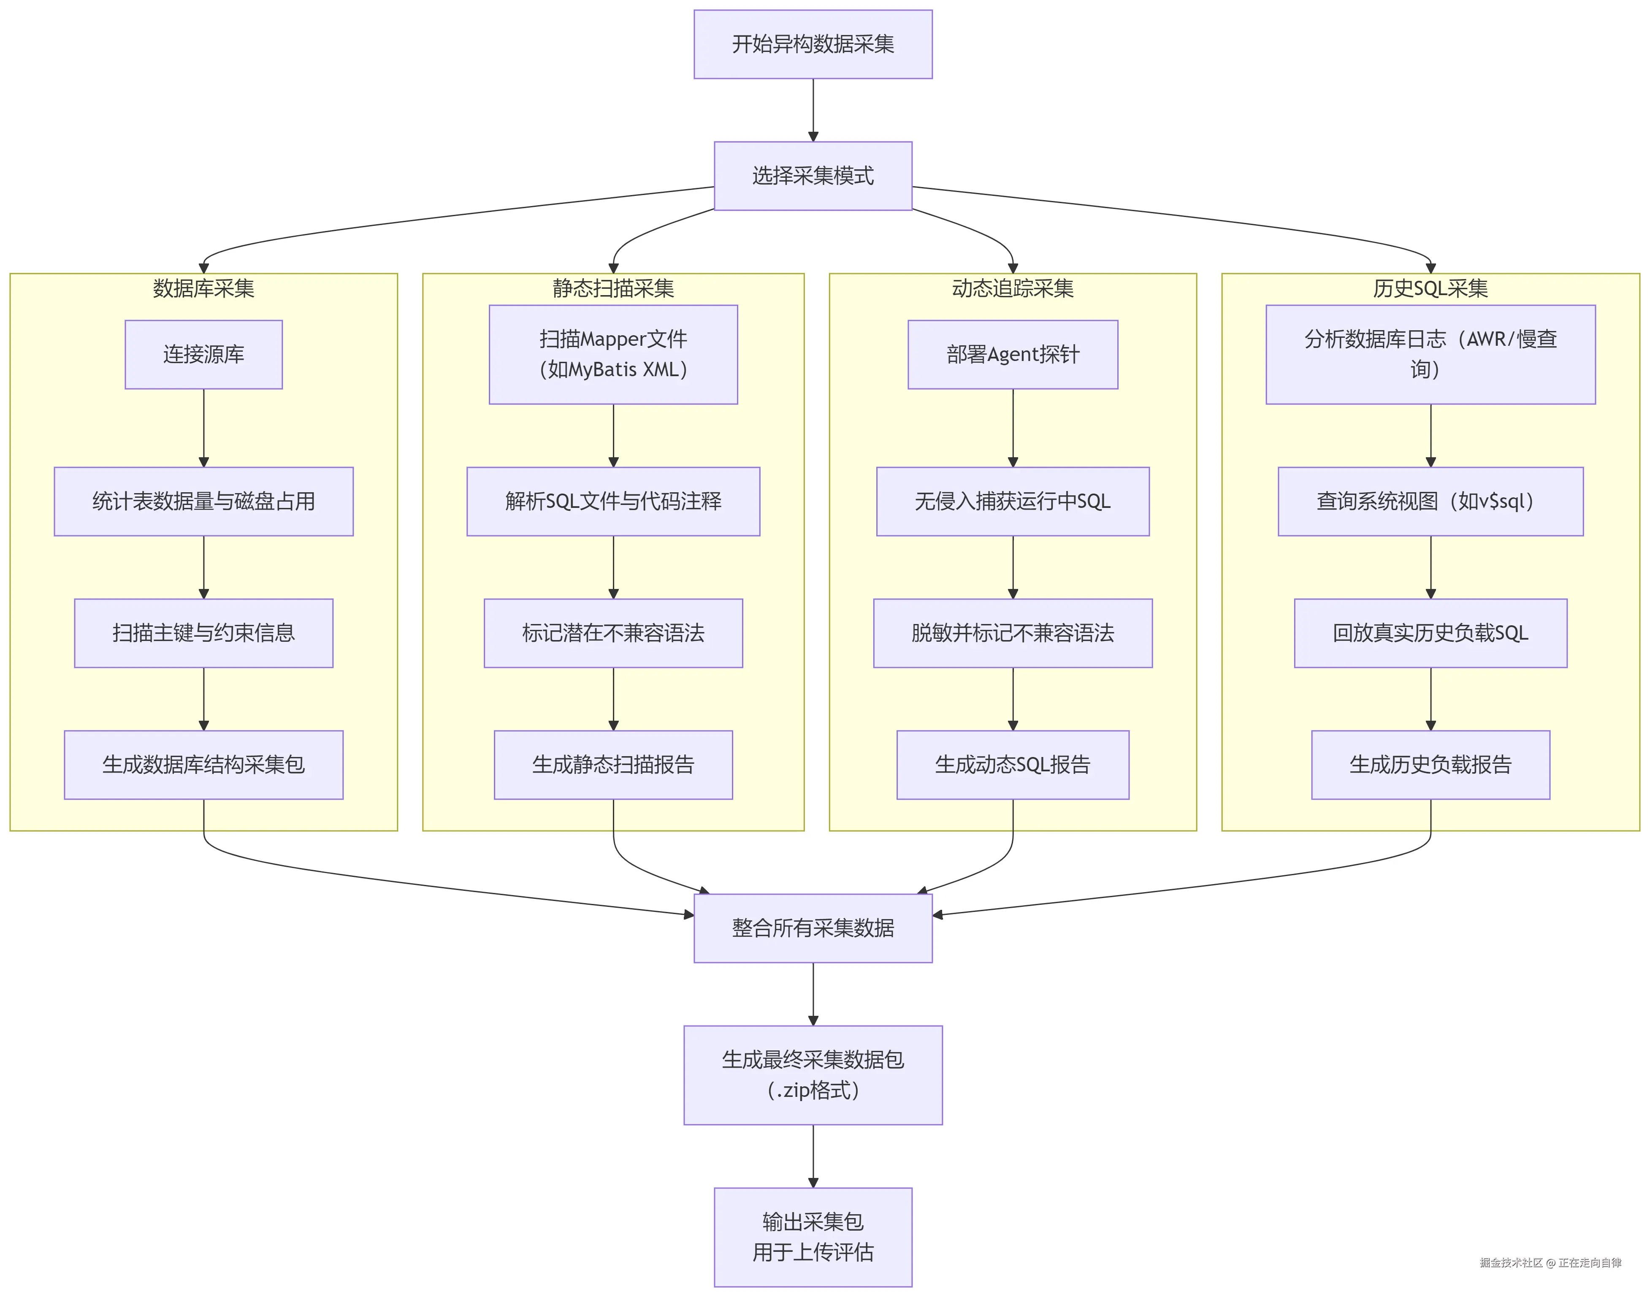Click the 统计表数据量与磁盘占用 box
[x=203, y=501]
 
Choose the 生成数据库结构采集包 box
[x=203, y=765]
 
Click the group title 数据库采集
[x=203, y=288]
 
